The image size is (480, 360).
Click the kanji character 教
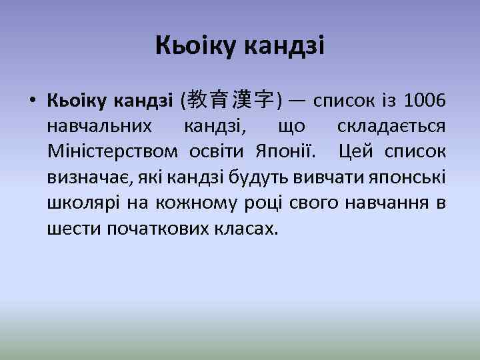(197, 101)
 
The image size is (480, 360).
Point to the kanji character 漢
(243, 101)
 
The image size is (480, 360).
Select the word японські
(413, 177)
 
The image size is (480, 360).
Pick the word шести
(71, 228)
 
